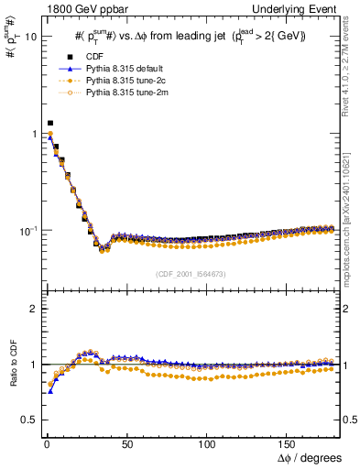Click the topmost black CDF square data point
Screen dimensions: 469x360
click(50, 123)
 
